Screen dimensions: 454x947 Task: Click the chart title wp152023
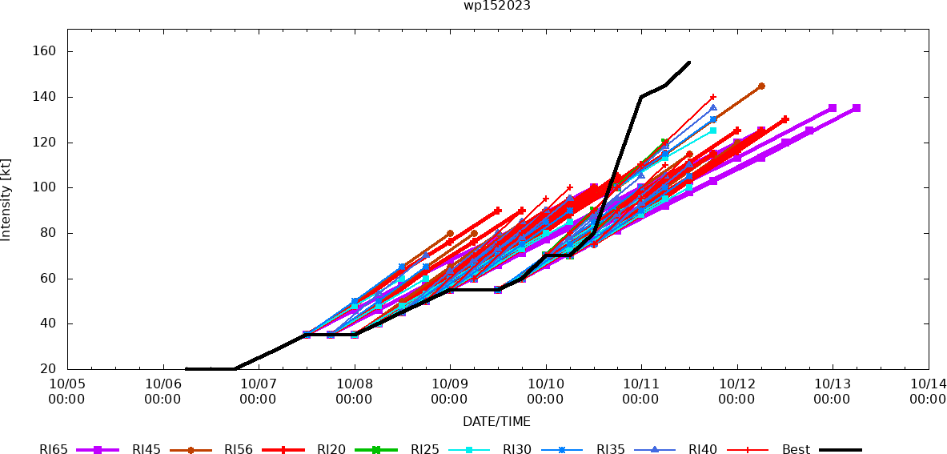496,6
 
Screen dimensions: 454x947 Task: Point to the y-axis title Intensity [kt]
6,199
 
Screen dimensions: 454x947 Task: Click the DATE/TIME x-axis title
496,421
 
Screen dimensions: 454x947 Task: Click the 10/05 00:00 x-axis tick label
67,391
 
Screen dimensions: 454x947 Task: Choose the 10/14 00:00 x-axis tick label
928,391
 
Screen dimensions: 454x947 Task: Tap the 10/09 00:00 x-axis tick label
450,391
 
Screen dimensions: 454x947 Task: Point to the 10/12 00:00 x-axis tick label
736,391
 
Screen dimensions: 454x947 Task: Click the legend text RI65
54,450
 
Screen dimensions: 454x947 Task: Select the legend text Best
796,450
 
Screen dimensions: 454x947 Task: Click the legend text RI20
331,450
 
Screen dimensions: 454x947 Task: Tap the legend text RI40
703,450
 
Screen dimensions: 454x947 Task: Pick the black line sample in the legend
840,450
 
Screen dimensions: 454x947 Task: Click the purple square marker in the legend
98,450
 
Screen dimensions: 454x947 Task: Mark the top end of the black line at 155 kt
689,62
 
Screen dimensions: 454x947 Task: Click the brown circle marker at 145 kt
761,86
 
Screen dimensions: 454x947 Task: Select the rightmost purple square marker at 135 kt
857,108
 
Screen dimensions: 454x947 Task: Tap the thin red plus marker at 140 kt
713,97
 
